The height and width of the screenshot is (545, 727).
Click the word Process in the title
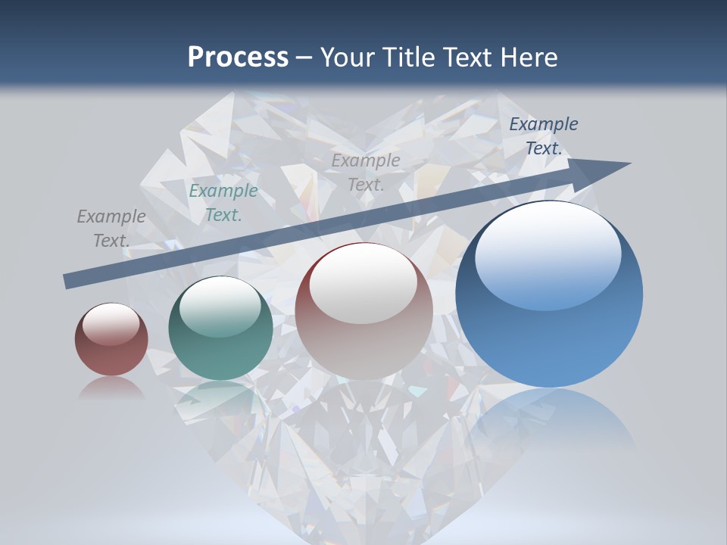point(238,58)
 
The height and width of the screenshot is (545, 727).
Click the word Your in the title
point(348,58)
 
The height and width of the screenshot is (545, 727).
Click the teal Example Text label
point(223,203)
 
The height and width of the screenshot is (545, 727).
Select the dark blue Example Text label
point(543,136)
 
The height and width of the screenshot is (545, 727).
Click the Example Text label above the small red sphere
point(111,228)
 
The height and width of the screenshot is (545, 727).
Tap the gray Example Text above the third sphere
point(366,172)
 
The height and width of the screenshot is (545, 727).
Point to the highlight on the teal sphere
point(220,307)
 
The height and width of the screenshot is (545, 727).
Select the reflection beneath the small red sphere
point(111,388)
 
